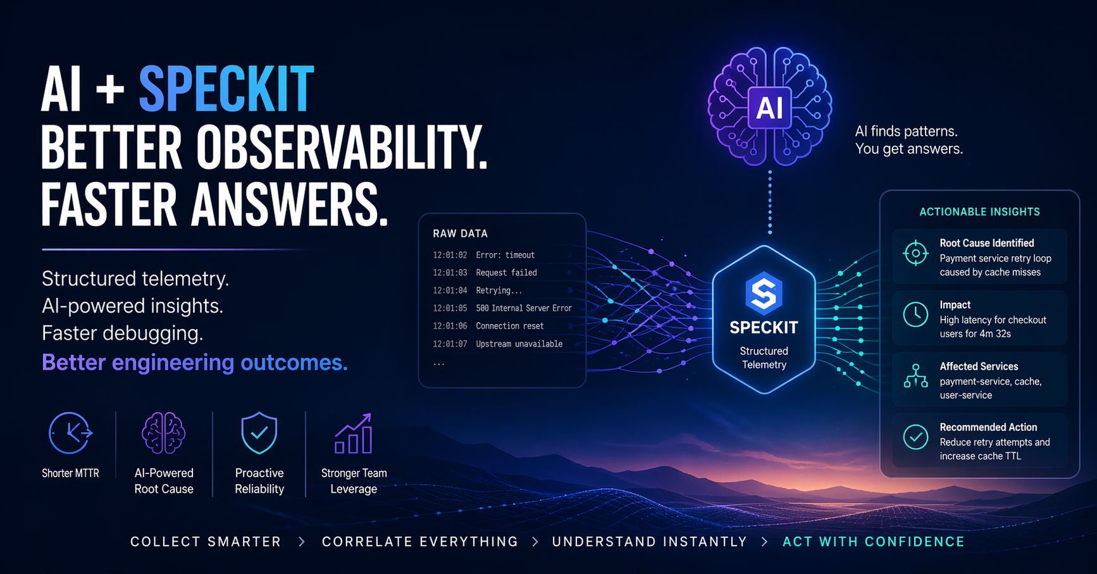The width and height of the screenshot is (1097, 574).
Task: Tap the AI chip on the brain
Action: coord(769,108)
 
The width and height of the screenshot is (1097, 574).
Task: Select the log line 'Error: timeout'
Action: coord(505,255)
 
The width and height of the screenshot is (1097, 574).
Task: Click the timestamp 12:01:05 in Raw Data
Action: coord(450,308)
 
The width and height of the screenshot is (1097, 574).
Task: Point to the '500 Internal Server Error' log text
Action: coord(524,308)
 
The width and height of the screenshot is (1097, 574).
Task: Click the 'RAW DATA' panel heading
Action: coord(460,234)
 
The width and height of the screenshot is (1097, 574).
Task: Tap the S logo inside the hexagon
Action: coord(764,293)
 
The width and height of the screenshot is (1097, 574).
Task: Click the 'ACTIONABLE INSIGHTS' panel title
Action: coord(979,212)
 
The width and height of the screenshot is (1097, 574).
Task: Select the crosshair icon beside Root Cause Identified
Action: coord(915,254)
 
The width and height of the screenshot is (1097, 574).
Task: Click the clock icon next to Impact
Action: coord(915,315)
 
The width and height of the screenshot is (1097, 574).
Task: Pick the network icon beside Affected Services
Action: coord(915,375)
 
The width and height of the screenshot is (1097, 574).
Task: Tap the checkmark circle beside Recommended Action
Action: coord(915,437)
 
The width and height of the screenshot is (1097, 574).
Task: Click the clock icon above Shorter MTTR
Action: coord(70,433)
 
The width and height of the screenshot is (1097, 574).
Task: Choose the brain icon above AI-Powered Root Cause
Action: coord(164,433)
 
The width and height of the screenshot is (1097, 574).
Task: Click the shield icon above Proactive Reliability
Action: coord(259,433)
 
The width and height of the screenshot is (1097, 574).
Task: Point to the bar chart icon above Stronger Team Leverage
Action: coord(354,434)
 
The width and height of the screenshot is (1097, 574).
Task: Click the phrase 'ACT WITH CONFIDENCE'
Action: coord(874,542)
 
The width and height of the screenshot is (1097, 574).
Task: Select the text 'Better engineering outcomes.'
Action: coord(195,363)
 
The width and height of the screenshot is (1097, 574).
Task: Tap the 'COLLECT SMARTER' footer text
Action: coord(206,542)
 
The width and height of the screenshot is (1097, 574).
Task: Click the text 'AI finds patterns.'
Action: coord(906,131)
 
